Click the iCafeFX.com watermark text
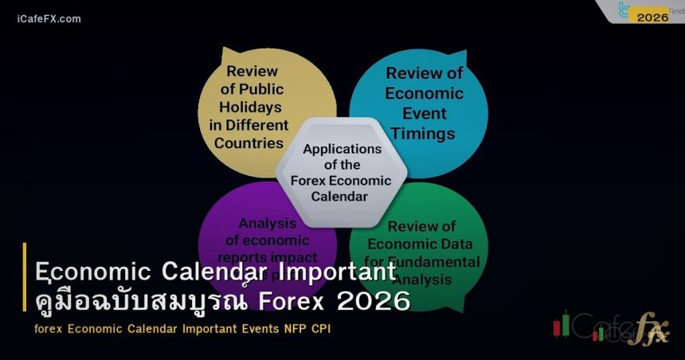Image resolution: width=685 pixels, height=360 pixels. pyautogui.click(x=49, y=18)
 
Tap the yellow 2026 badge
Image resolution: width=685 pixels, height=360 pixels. pyautogui.click(x=652, y=17)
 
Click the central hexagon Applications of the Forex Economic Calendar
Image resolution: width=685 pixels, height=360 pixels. pyautogui.click(x=342, y=172)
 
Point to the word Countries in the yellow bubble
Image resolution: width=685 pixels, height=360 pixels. pyautogui.click(x=249, y=143)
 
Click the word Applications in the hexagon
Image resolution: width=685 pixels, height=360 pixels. pyautogui.click(x=342, y=149)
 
